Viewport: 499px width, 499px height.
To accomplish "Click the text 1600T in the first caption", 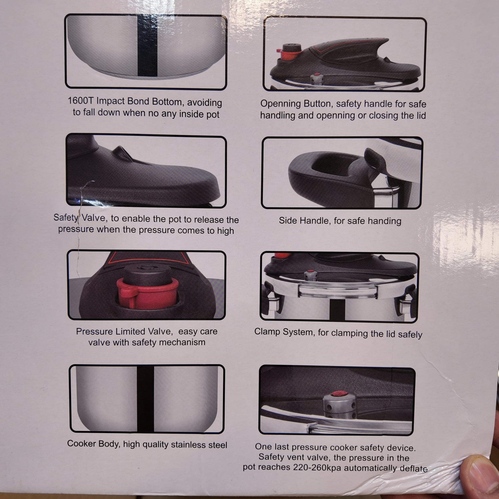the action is (x=81, y=101).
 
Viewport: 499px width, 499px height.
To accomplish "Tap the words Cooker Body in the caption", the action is (x=94, y=443).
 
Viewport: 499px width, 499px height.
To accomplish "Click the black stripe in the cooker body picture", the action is (x=145, y=399).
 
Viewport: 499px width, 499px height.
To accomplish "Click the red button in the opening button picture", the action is (x=286, y=55).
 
